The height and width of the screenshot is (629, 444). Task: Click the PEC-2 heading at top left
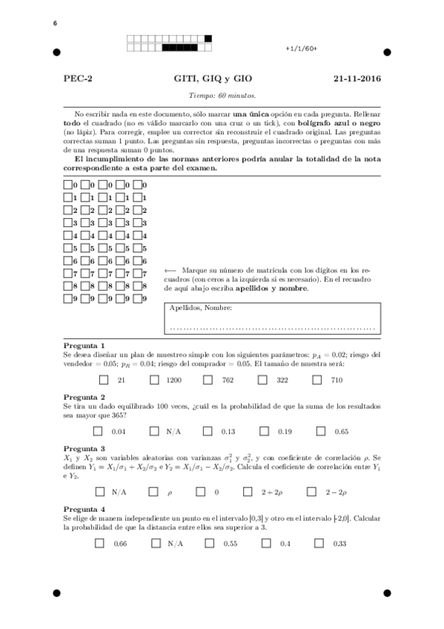click(x=78, y=78)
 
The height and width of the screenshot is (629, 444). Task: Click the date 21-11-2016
click(x=357, y=78)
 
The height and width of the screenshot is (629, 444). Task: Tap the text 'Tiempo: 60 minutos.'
click(x=222, y=95)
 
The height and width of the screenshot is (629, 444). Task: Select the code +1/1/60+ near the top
click(x=301, y=48)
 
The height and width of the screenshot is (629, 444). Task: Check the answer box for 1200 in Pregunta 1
click(x=154, y=380)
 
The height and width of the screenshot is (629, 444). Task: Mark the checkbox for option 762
click(x=208, y=380)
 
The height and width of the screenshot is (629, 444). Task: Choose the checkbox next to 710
click(x=317, y=380)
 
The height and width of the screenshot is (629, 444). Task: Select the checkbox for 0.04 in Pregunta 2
click(x=99, y=431)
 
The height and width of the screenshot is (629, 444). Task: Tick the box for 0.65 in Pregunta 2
click(x=321, y=431)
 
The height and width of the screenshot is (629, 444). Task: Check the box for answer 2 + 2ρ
click(x=263, y=491)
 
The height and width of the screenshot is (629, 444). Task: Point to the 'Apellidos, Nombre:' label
click(x=200, y=308)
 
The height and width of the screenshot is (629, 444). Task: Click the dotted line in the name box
click(x=271, y=326)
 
